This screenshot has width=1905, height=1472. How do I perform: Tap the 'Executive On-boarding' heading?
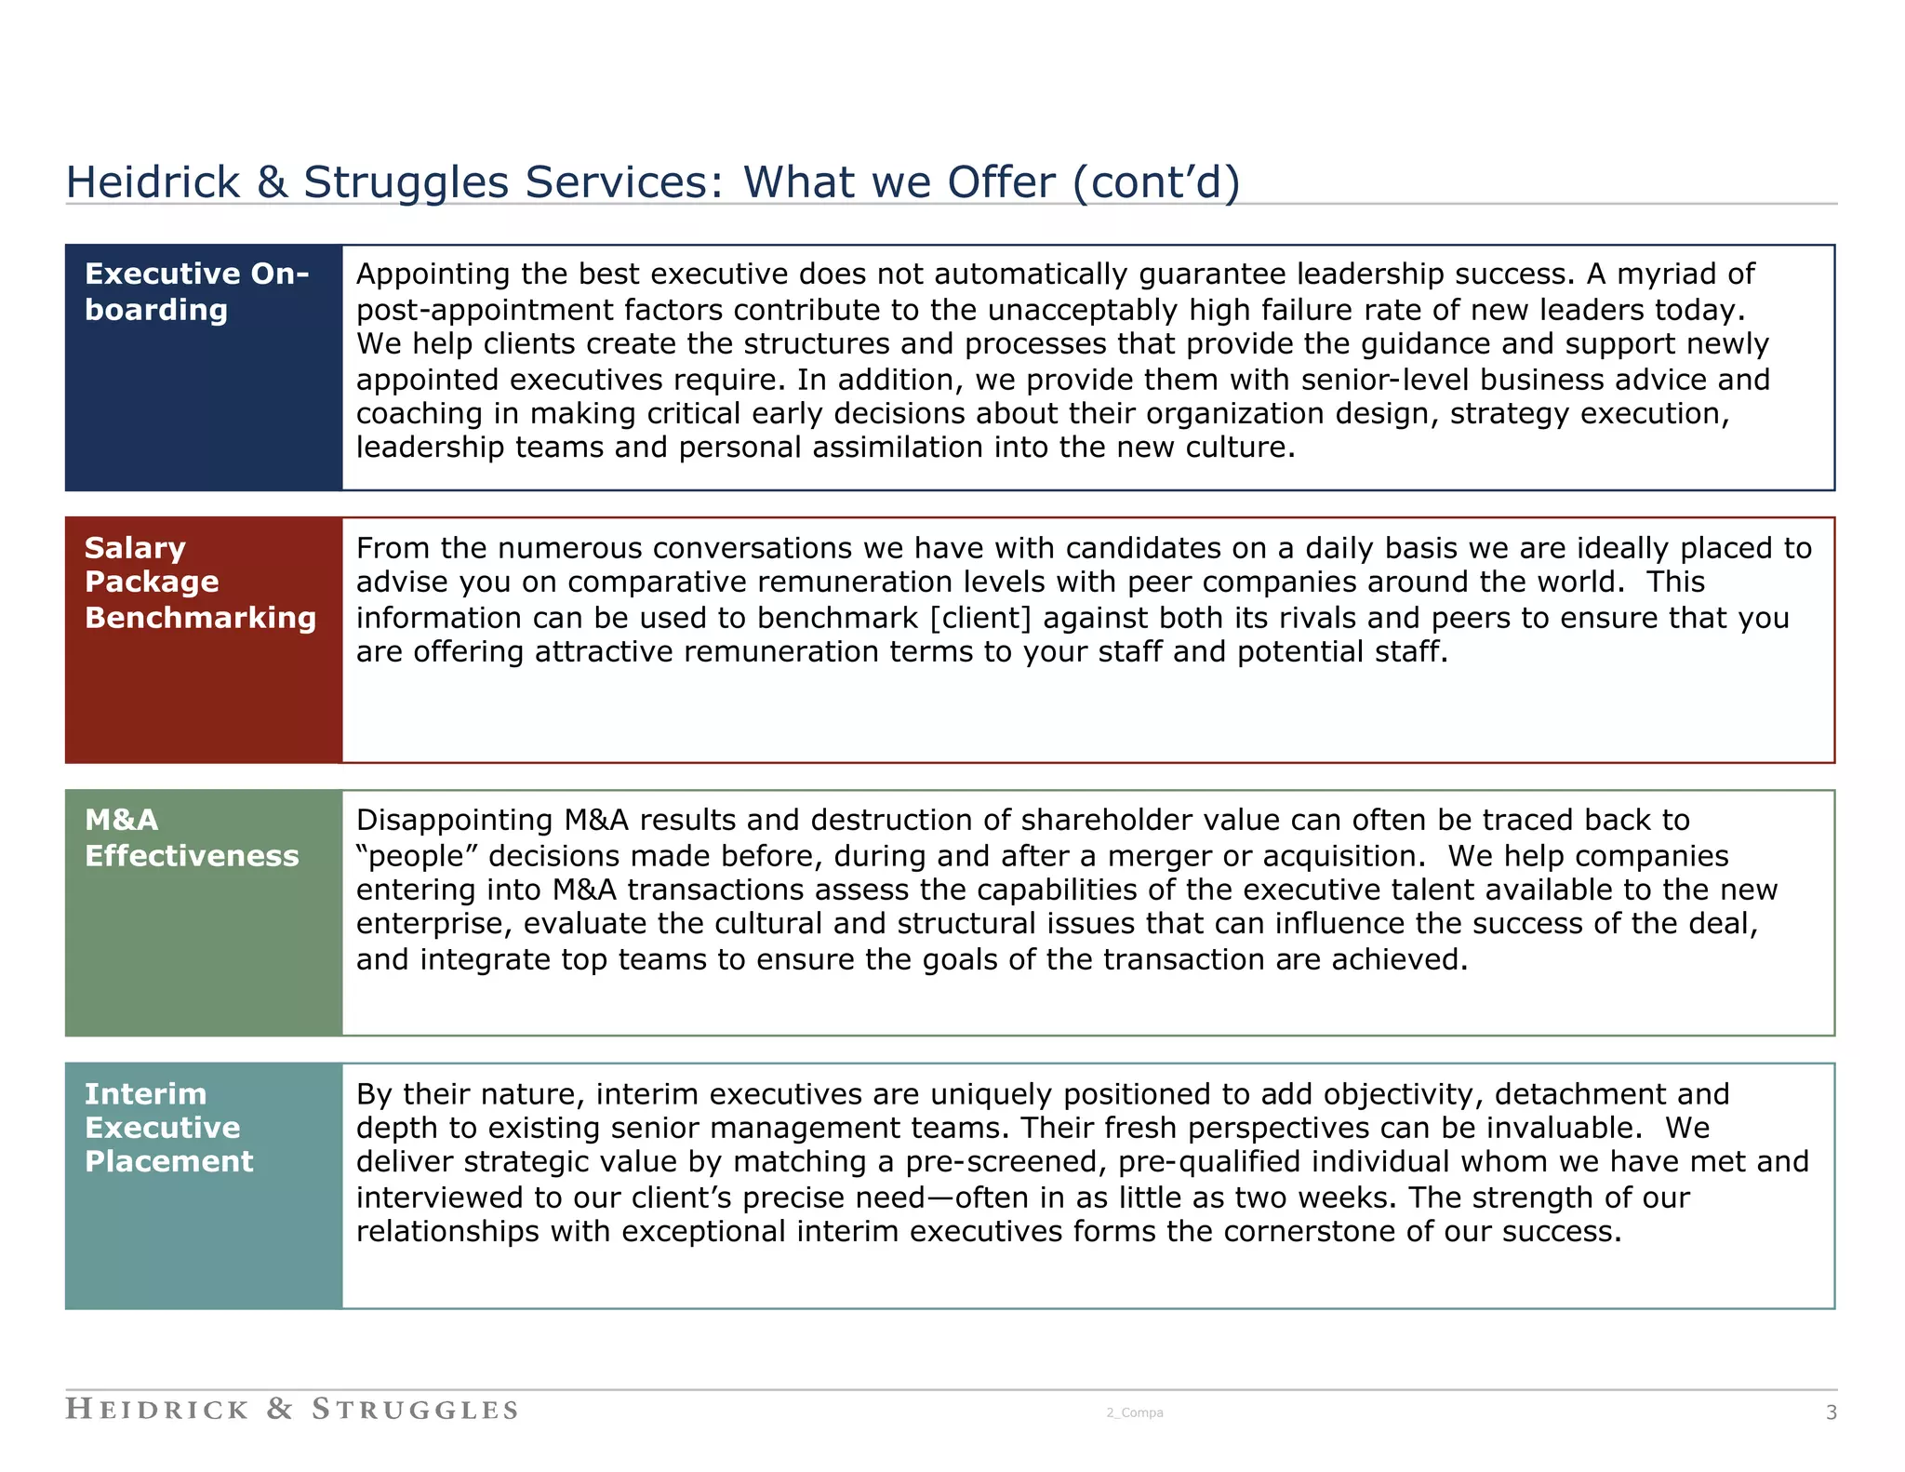[x=196, y=291]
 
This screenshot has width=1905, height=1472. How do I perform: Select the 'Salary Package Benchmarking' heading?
[x=200, y=582]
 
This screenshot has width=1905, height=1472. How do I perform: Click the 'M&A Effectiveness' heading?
[x=192, y=837]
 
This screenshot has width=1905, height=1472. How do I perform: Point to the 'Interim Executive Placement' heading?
[x=168, y=1127]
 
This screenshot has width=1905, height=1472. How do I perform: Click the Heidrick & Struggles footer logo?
[x=291, y=1409]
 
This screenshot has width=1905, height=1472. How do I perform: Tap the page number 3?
[x=1831, y=1412]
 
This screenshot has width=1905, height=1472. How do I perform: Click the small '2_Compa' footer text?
[x=1134, y=1412]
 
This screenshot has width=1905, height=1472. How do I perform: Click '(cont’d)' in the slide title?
[x=1155, y=182]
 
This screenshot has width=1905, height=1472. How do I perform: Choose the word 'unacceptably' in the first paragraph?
[x=1084, y=310]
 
